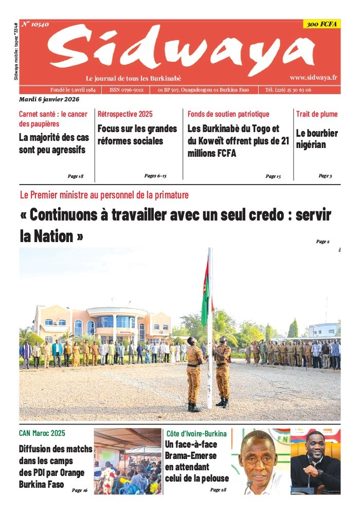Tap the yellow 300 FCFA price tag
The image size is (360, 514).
(321, 24)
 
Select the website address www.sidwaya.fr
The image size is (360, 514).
(313, 77)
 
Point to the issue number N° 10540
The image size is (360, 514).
(35, 24)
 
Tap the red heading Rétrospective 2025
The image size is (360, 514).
(125, 114)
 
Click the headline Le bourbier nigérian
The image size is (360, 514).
(317, 139)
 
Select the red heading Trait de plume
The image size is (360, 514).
(317, 114)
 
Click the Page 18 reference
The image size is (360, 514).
(75, 176)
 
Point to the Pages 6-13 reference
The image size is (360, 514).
(155, 176)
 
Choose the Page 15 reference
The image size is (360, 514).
(273, 176)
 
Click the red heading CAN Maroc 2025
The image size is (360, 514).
(42, 433)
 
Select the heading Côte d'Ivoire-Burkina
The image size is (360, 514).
(196, 433)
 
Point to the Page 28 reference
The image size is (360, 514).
(218, 490)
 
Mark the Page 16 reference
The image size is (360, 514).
(80, 490)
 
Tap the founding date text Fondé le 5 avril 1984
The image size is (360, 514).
(73, 89)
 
